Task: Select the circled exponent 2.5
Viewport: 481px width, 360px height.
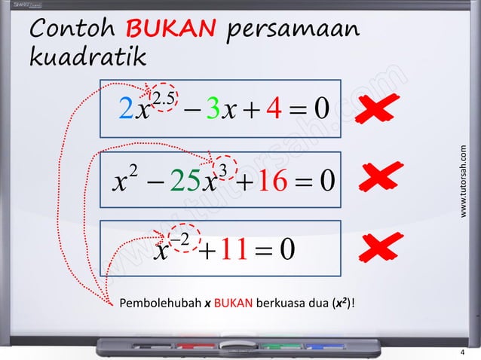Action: [164, 98]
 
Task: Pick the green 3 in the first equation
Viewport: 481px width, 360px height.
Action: [212, 112]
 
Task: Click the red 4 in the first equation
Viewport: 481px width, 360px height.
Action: [275, 112]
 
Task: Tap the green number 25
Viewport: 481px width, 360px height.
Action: [185, 182]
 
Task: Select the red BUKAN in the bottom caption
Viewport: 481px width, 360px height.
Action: [227, 304]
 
